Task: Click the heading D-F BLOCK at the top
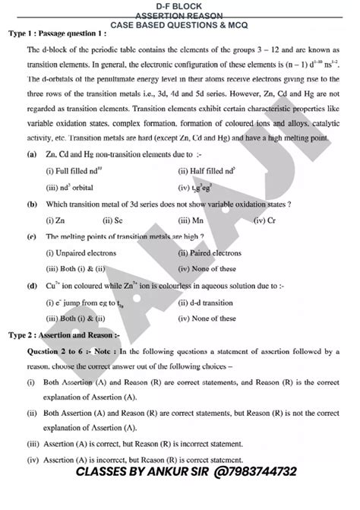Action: point(179,6)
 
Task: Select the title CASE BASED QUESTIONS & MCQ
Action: point(180,25)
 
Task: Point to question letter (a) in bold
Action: point(31,174)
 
